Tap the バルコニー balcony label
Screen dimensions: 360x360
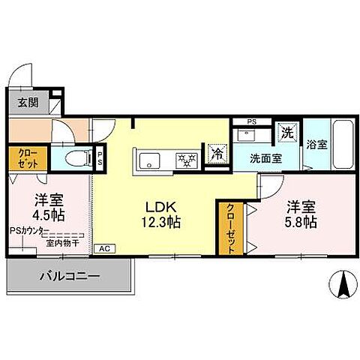(x=69, y=278)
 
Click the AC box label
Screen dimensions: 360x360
(x=103, y=248)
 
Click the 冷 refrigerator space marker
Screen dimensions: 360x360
(x=216, y=154)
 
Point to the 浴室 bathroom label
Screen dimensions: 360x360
(x=317, y=144)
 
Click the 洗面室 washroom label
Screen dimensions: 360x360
(x=265, y=158)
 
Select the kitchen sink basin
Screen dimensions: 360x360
(x=148, y=159)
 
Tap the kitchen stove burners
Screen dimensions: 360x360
(x=185, y=159)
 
